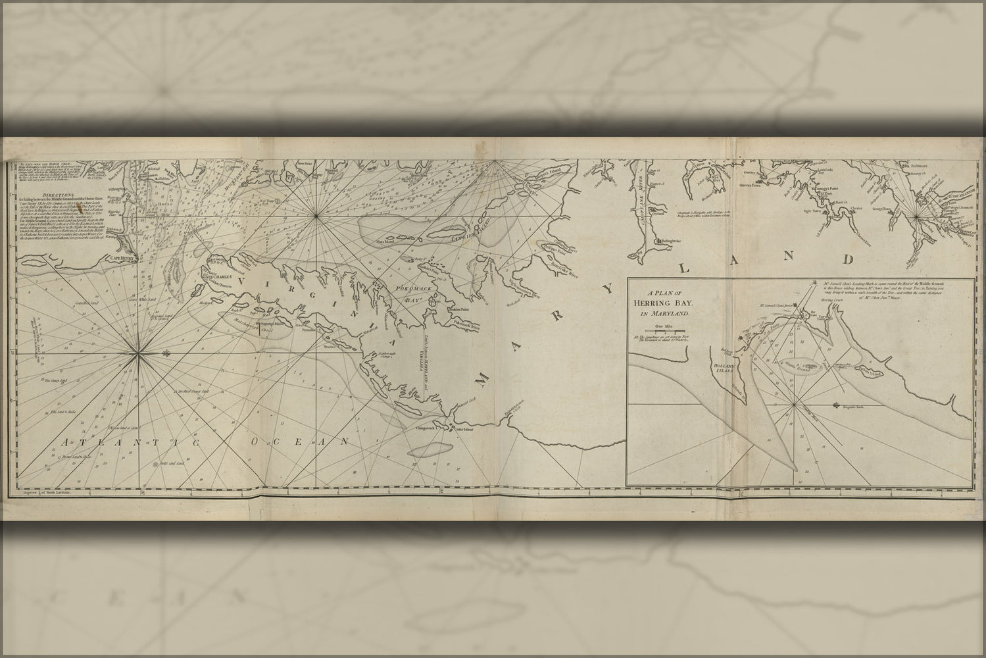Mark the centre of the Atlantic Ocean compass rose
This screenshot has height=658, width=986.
point(137,353)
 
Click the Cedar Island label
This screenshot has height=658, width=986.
point(460,429)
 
